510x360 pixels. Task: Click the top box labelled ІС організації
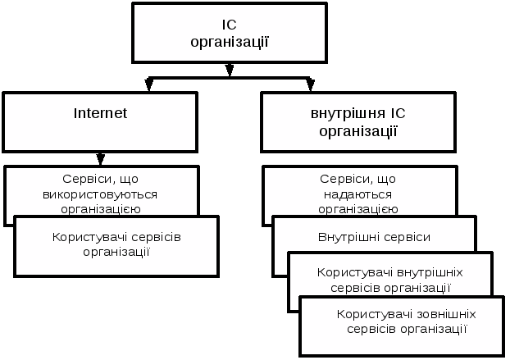point(229,33)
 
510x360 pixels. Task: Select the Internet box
point(100,121)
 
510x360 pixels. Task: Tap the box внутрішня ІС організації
point(358,121)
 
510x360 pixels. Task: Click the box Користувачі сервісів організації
point(116,245)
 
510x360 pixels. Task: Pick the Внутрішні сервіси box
point(374,236)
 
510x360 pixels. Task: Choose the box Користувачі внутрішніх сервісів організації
point(390,279)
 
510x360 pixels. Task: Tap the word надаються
point(358,194)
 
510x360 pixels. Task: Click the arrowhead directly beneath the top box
point(230,71)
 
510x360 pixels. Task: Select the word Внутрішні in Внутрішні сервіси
point(346,237)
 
